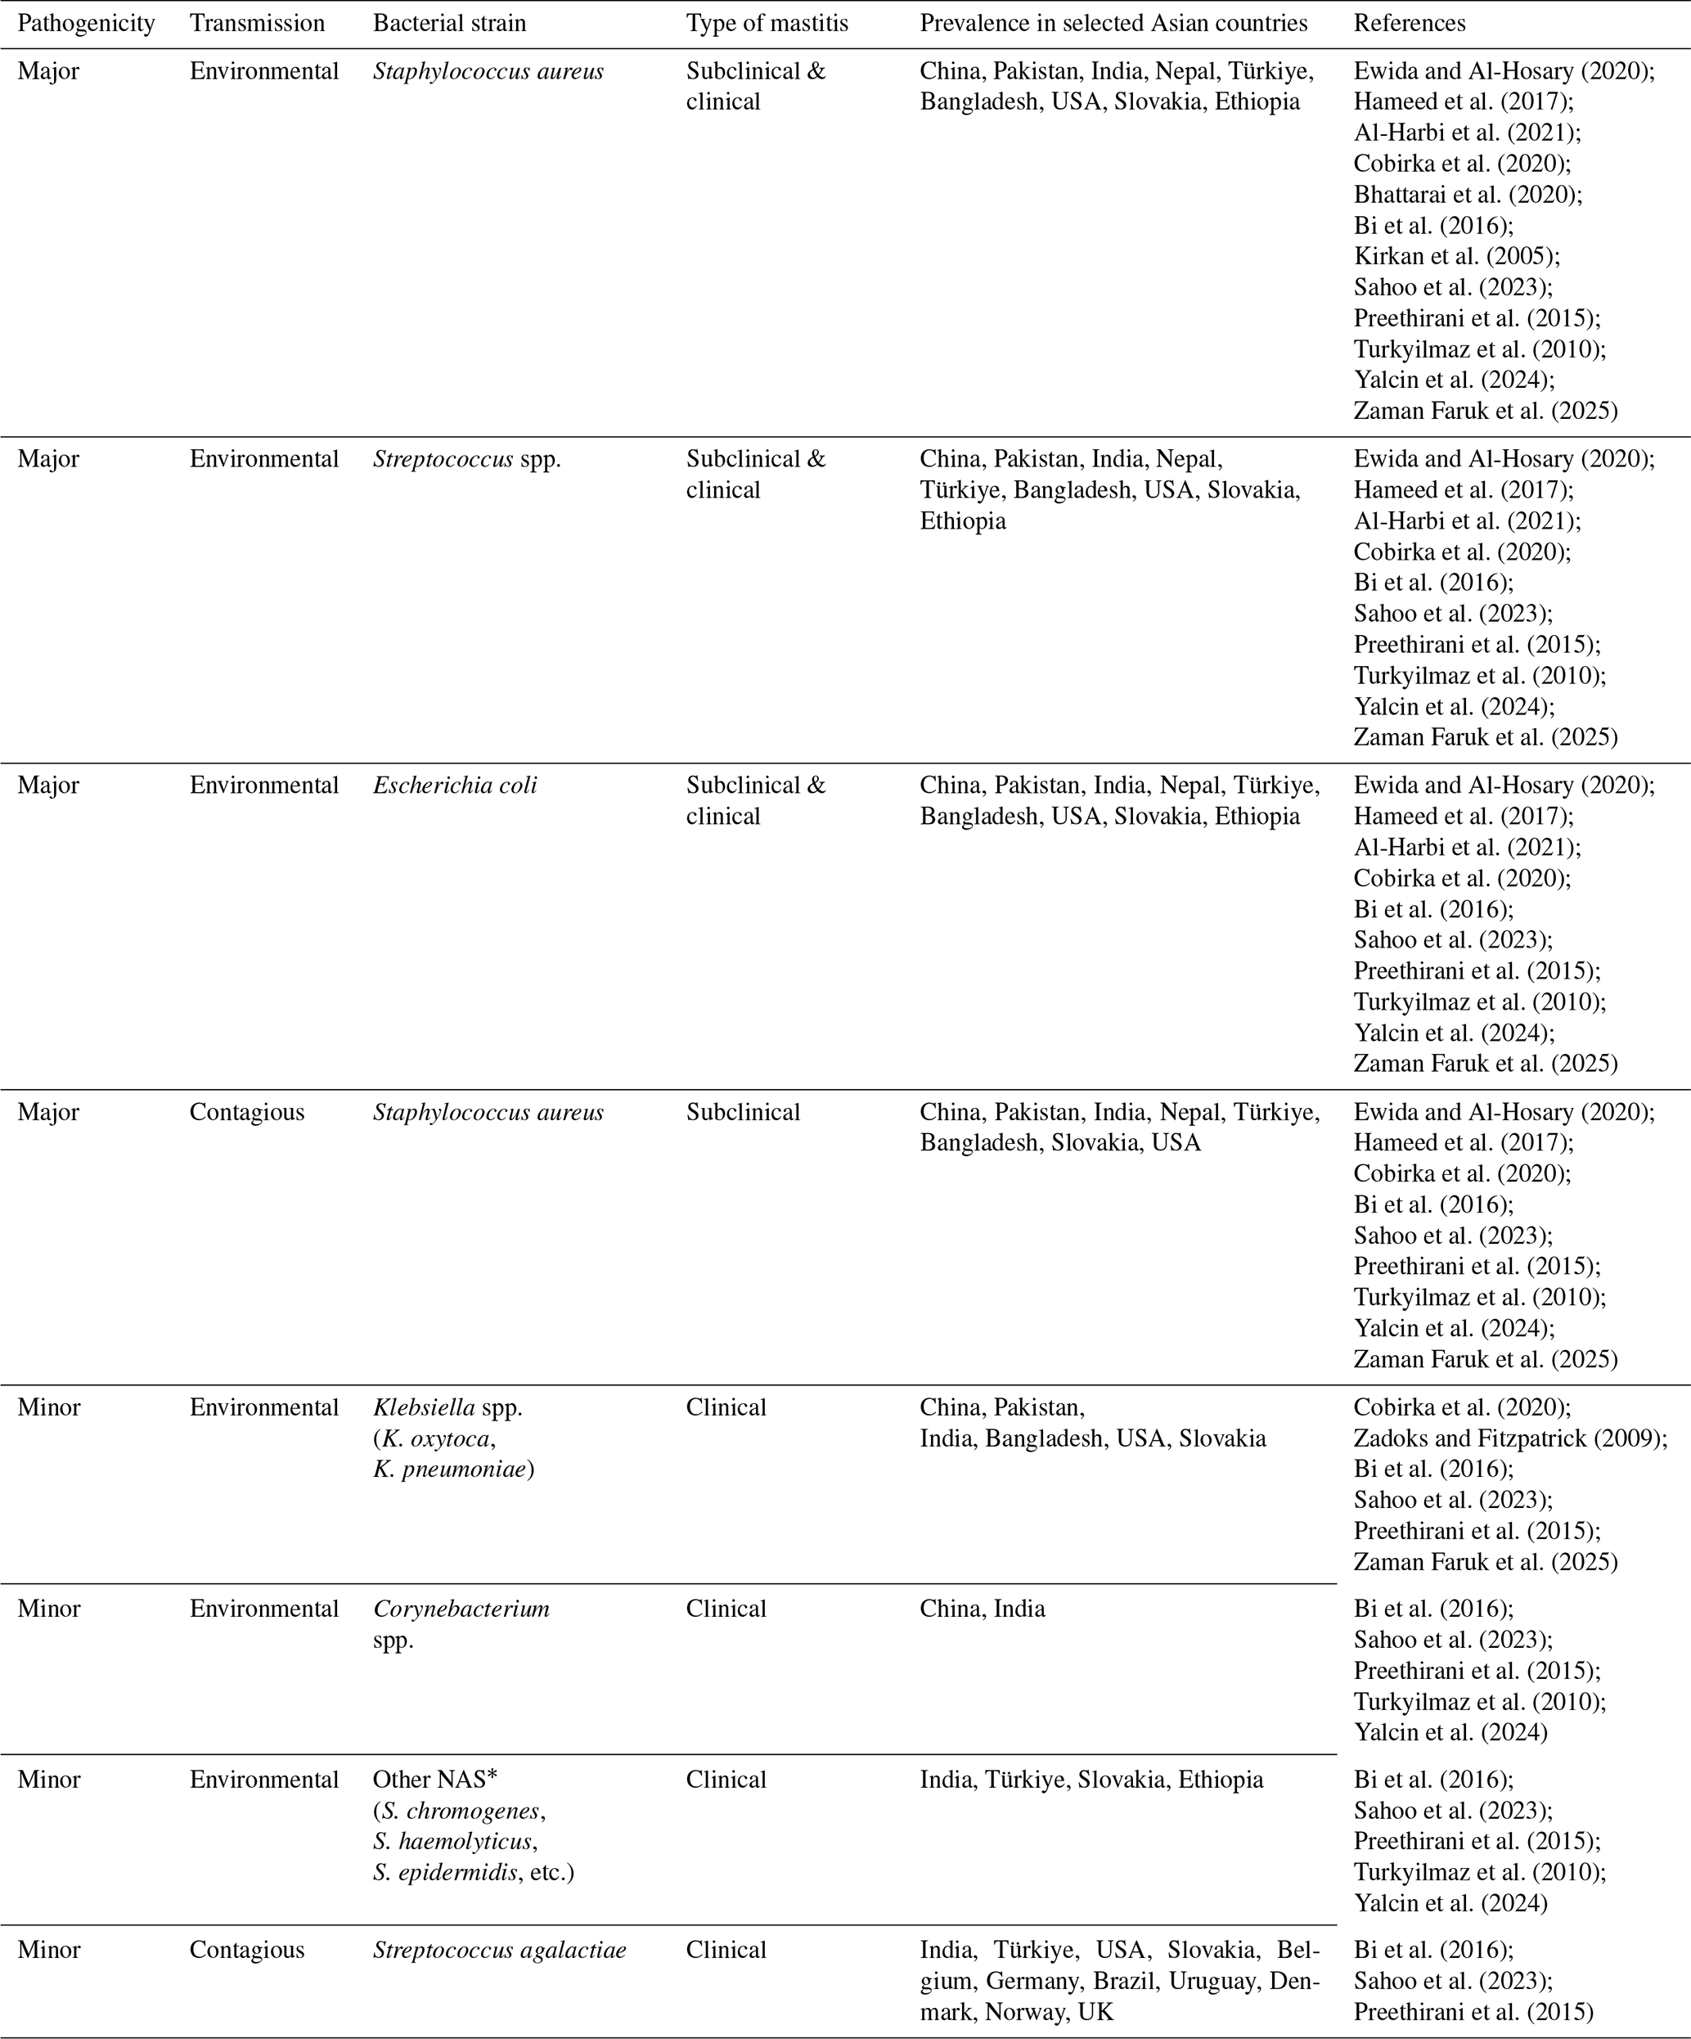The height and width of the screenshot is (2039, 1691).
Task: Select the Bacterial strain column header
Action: point(449,23)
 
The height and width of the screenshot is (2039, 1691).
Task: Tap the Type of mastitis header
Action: point(767,23)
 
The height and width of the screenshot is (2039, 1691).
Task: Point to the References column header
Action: point(1410,23)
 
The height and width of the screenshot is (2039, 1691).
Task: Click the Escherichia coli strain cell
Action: point(454,785)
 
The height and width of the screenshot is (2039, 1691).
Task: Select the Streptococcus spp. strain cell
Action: point(467,458)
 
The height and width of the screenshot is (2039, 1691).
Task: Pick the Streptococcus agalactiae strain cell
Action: point(499,1950)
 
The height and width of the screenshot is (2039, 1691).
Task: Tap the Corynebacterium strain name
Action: point(461,1608)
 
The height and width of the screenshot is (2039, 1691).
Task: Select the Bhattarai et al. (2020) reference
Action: point(1468,194)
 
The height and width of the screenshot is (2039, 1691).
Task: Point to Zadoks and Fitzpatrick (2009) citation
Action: point(1510,1438)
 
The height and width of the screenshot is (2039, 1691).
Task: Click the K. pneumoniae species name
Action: point(452,1469)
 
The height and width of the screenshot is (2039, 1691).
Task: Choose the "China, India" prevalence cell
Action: point(983,1608)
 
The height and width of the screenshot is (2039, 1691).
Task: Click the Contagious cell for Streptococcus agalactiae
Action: point(246,1950)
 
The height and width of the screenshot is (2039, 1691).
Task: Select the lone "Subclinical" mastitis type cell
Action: point(743,1112)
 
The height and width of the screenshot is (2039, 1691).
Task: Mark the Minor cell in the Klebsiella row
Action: point(48,1407)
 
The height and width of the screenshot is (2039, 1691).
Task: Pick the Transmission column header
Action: point(257,23)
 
